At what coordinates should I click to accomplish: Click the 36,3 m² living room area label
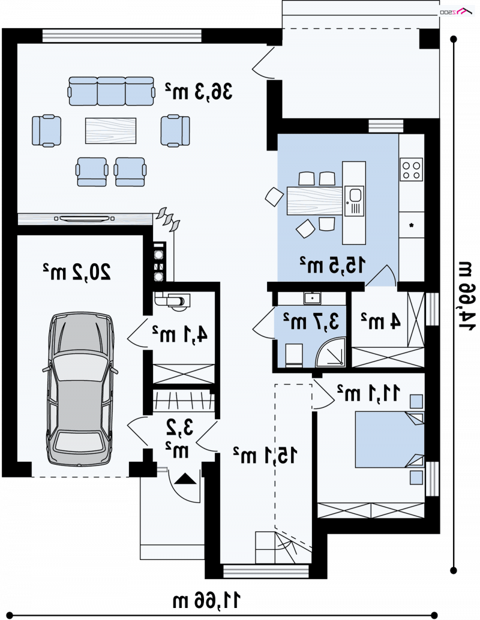199,91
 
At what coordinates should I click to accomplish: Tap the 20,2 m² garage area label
77,272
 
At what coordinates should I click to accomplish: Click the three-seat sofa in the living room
111,91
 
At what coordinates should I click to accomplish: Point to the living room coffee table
111,131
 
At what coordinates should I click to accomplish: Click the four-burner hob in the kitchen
412,169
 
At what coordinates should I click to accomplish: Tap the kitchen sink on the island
354,201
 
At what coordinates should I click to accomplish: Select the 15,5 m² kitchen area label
332,265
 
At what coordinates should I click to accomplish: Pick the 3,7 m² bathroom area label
311,321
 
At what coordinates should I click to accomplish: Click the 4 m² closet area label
380,321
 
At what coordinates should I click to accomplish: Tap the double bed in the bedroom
389,440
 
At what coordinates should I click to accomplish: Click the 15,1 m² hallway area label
265,455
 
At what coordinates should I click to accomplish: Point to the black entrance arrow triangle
185,479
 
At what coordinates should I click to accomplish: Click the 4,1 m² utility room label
180,334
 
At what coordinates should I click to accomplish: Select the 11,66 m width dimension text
206,600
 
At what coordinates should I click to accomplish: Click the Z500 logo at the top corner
457,12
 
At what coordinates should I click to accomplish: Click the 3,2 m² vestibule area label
179,439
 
